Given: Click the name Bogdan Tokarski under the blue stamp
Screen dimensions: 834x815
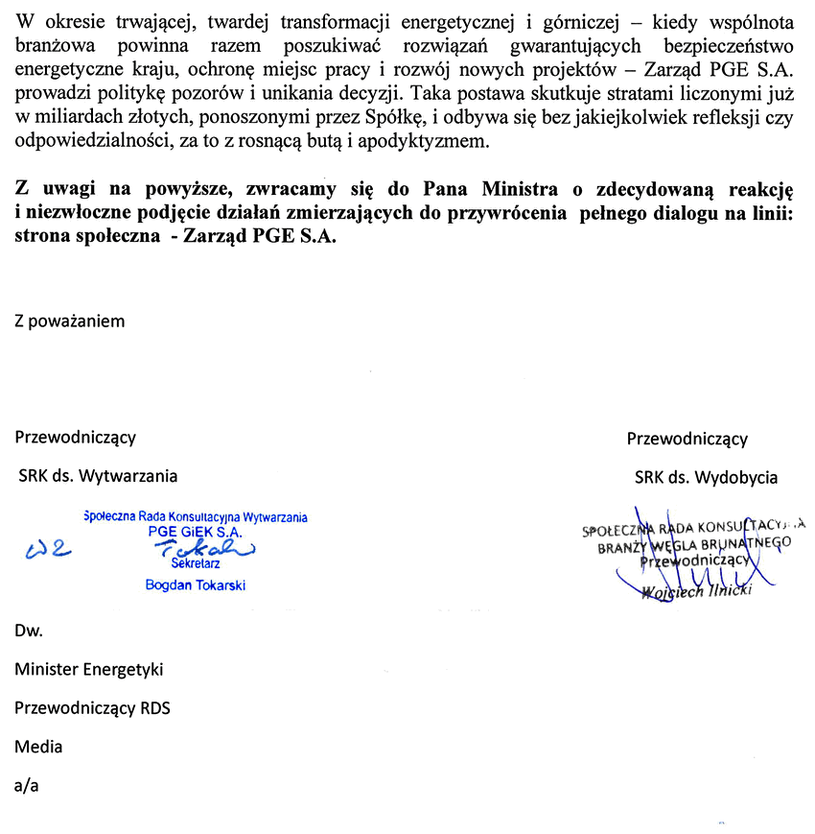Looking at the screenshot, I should click(195, 584).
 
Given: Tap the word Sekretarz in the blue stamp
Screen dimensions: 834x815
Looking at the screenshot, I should click(195, 564).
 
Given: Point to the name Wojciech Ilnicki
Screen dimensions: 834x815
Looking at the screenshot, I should click(697, 590).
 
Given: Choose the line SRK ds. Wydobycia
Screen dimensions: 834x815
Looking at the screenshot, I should click(706, 477).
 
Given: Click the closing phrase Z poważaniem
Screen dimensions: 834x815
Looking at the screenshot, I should click(70, 321).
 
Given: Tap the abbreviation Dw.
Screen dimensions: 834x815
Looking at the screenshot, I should click(28, 631).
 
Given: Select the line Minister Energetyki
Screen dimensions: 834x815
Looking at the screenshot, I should click(89, 670).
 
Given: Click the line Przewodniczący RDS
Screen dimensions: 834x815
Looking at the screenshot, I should click(92, 708).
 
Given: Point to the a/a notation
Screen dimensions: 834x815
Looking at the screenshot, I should click(27, 785).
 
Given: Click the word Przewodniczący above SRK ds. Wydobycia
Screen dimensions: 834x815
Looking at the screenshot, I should click(687, 439).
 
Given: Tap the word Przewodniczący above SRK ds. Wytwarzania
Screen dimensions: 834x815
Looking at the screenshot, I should click(75, 438).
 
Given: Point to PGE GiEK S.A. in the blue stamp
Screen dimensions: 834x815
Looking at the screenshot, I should click(195, 531).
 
